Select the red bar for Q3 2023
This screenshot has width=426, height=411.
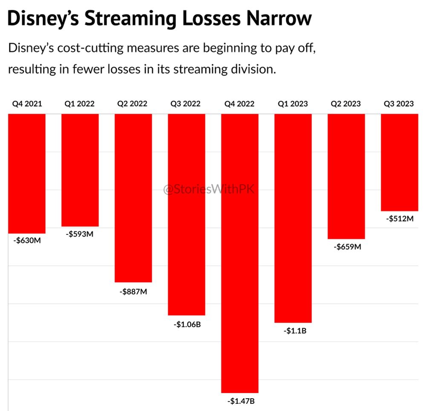[x=399, y=162]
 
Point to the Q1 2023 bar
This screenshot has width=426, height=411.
[x=293, y=218]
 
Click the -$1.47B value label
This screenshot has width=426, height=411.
[x=240, y=401]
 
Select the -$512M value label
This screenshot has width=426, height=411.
[x=400, y=219]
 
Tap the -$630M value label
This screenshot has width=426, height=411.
[x=27, y=241]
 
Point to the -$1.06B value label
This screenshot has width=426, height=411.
[x=187, y=324]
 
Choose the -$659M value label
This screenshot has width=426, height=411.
[x=346, y=247]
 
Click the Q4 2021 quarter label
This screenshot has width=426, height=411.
[x=27, y=104]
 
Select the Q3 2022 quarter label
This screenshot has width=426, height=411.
[x=187, y=104]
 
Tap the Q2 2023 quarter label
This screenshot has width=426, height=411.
[x=346, y=104]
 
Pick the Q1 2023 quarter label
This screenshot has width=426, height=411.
[x=293, y=104]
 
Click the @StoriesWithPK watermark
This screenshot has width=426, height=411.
[x=209, y=189]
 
